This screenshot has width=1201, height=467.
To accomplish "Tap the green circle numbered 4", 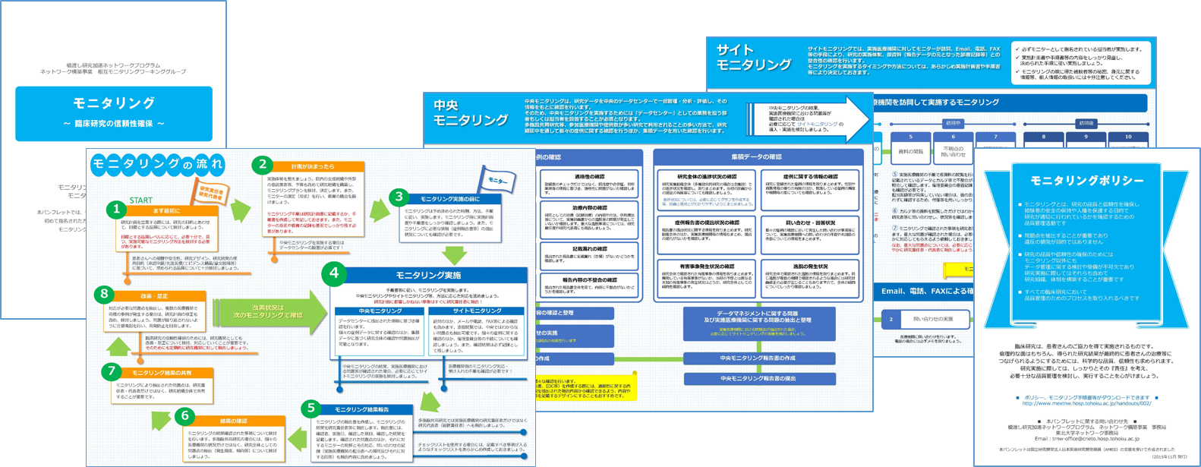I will point(335,274).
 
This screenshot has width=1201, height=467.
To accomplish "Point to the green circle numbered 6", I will point(184,416).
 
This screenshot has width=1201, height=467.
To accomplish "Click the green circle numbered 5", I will point(310,409).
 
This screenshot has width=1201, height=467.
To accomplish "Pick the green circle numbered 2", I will point(263,165).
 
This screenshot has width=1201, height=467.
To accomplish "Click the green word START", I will point(141,200).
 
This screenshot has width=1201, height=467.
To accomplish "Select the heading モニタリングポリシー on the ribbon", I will point(1086,181).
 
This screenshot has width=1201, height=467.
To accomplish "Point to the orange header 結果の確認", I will point(234,421).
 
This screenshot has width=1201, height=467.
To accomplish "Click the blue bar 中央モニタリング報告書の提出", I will point(758,378).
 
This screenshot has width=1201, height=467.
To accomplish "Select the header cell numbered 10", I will point(1127,137).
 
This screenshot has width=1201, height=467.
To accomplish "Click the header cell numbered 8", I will point(1043,137).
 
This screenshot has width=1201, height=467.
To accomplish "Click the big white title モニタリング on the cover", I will point(114,103).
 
